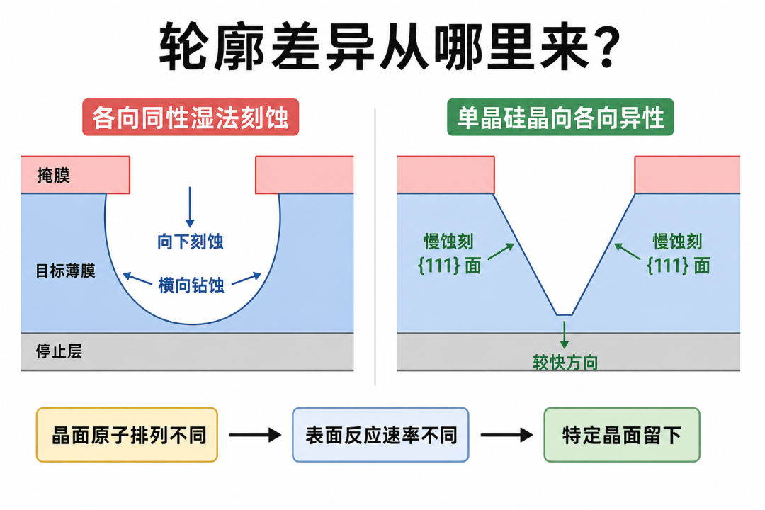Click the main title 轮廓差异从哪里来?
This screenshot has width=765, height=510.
[390, 47]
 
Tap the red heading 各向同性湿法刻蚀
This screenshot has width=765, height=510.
[191, 117]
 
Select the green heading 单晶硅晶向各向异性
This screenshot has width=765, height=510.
[560, 117]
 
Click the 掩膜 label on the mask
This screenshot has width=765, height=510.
[54, 175]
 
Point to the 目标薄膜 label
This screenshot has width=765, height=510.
[65, 271]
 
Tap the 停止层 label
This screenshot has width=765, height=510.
[59, 351]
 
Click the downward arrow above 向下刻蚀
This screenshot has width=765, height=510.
[191, 207]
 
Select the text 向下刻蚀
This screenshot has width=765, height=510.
[191, 242]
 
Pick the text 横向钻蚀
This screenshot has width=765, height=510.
[191, 285]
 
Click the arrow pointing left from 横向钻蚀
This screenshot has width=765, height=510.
[137, 278]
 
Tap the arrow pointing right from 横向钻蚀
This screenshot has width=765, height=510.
[246, 278]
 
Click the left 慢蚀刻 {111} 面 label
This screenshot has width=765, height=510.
[449, 254]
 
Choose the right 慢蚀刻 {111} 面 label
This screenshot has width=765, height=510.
[678, 254]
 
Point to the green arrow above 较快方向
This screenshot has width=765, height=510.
[565, 335]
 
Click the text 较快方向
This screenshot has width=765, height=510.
[565, 363]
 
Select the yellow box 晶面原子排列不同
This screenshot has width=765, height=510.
[127, 435]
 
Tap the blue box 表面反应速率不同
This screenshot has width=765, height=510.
[380, 435]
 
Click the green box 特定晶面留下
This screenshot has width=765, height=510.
[622, 435]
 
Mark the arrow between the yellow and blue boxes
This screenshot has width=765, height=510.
[255, 435]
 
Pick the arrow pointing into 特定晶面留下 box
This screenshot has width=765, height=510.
[507, 435]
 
